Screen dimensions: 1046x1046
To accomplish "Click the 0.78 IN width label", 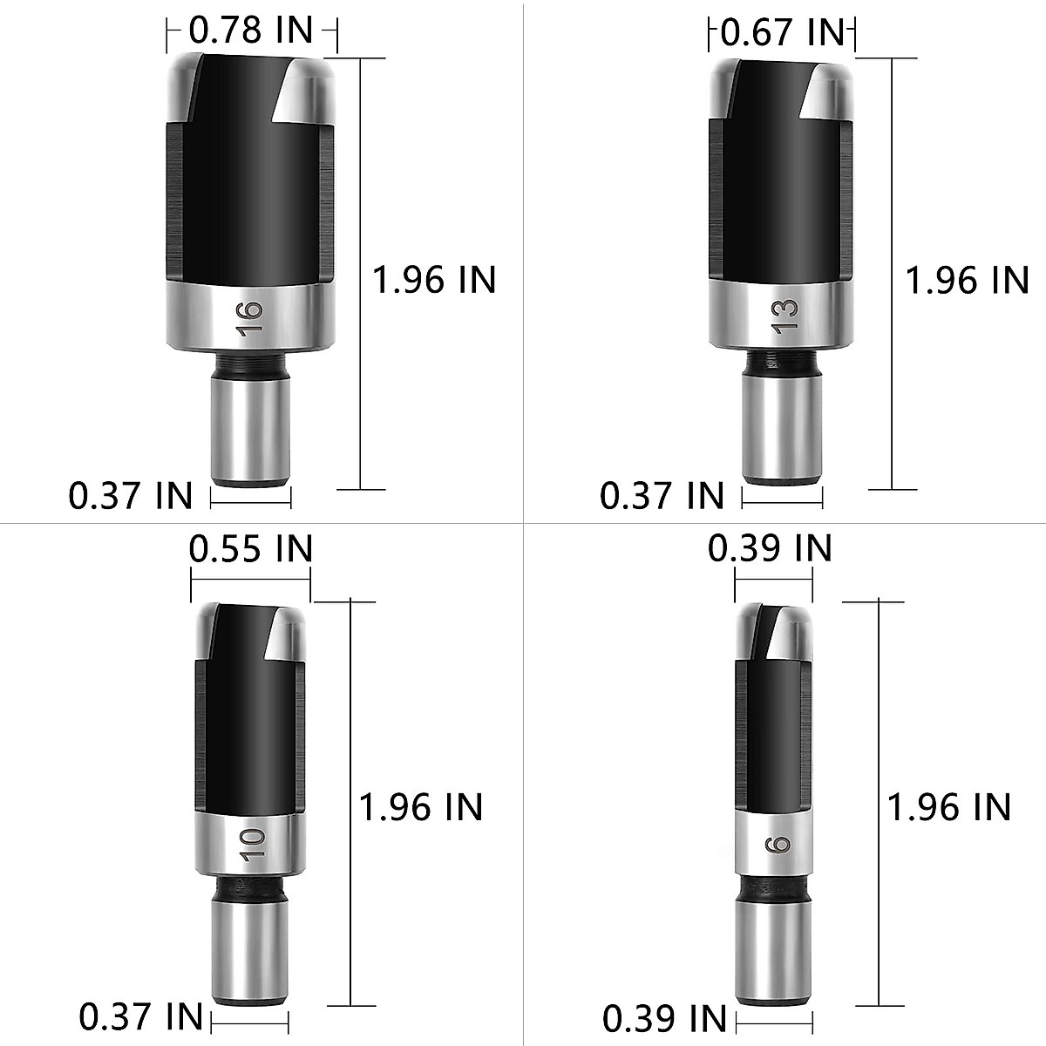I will pos(250,31).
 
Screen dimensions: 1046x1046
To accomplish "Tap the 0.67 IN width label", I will pos(784,33).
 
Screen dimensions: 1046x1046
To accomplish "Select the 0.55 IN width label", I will pos(250,549).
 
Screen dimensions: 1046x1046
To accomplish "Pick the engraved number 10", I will pos(252,846).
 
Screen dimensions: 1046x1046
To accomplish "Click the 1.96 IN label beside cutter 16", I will pos(434,280).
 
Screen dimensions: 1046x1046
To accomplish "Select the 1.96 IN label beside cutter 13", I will pos(967,281).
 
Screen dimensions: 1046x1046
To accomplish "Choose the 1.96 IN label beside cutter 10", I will pos(421,807).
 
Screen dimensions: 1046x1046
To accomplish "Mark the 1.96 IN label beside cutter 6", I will pos(948,807).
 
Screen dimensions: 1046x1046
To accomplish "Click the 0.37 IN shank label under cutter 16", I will pos(131,497).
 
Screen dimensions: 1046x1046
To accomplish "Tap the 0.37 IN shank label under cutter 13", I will pos(662,496).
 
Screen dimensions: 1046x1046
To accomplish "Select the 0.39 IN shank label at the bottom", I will pos(664,1018).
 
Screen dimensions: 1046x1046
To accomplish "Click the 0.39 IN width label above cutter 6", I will pos(770,549).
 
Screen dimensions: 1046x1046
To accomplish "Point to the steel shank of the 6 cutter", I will pos(773,953).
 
